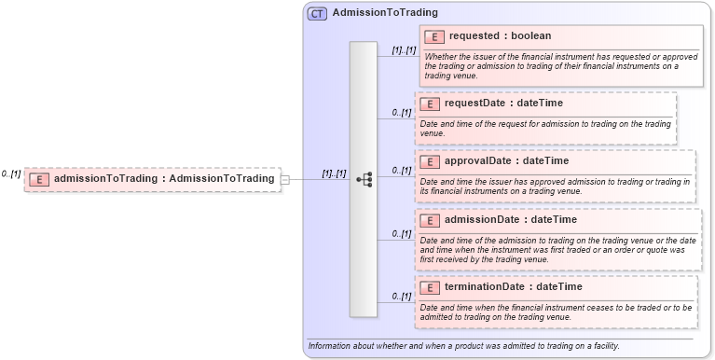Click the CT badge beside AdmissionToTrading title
[x=317, y=13]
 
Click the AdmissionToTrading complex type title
[x=385, y=13]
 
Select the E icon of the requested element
[x=433, y=36]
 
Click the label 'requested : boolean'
[x=500, y=36]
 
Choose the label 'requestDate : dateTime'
[x=503, y=104]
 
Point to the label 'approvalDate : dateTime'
[x=506, y=161]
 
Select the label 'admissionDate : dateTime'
[x=510, y=220]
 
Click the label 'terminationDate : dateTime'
[x=513, y=287]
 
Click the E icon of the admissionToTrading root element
[x=39, y=179]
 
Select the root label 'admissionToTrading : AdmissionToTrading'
[x=164, y=179]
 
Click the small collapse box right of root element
[x=285, y=179]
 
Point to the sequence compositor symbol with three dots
[x=364, y=179]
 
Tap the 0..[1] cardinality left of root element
[x=11, y=174]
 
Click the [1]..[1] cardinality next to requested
[x=404, y=50]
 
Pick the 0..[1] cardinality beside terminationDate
[x=402, y=297]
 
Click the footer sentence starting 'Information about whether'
[x=463, y=346]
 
